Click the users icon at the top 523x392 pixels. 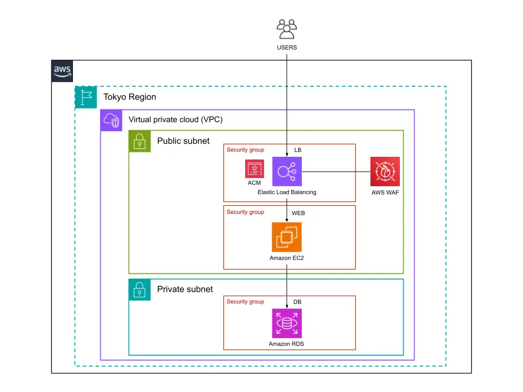(x=287, y=29)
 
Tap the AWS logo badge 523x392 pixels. (x=63, y=71)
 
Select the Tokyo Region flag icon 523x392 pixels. (x=86, y=97)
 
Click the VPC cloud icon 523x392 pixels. (x=112, y=120)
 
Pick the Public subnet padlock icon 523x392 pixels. (x=139, y=141)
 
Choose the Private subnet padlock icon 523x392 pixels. (x=139, y=290)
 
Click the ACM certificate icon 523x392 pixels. (x=254, y=169)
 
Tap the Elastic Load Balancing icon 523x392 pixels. (x=287, y=171)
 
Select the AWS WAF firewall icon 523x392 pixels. (x=385, y=171)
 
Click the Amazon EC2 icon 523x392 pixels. (x=287, y=237)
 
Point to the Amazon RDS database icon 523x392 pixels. (x=287, y=323)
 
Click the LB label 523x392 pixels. (x=298, y=150)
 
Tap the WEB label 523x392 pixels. (x=299, y=213)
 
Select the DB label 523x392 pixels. (x=297, y=302)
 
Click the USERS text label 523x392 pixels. (x=287, y=48)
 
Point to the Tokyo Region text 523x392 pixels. (x=130, y=97)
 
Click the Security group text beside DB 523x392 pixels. (x=245, y=302)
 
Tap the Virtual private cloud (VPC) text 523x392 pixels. (x=175, y=120)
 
